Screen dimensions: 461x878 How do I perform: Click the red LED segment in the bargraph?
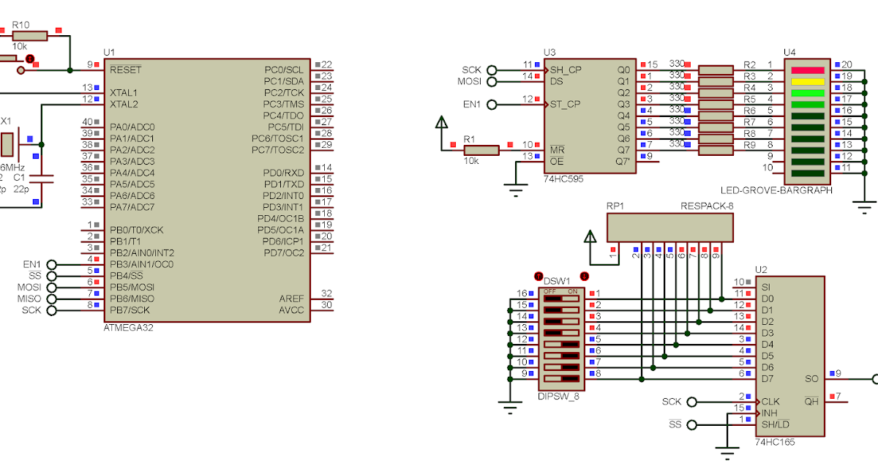coord(808,70)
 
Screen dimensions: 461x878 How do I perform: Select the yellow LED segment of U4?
coord(808,81)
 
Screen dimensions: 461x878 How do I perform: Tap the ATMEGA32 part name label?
coord(129,328)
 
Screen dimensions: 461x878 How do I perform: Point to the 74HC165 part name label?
coord(775,443)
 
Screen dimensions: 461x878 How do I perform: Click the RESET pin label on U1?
coord(126,70)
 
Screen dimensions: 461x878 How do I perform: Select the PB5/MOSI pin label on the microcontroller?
coord(132,287)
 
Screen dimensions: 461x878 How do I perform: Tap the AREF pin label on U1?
coord(291,299)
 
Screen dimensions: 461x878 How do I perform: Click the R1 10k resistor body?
coord(481,150)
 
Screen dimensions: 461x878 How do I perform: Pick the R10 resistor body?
coord(30,35)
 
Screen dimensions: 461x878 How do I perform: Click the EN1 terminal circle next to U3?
coord(491,105)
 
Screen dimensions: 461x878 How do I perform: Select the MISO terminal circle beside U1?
coord(52,299)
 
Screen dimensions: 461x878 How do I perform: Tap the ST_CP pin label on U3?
coord(565,104)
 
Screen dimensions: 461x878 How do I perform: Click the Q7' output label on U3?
coord(623,162)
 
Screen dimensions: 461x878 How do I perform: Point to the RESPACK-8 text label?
coord(706,206)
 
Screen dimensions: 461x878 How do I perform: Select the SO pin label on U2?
coord(811,379)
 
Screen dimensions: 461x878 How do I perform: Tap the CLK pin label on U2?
coord(770,402)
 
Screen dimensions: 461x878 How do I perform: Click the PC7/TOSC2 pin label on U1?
coord(277,150)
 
